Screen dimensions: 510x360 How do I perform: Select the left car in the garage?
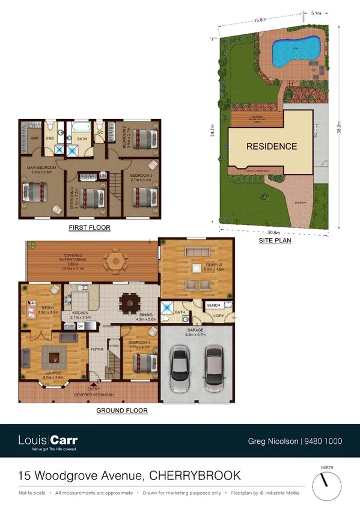pyautogui.click(x=180, y=367)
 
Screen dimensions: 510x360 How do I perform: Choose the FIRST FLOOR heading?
pyautogui.click(x=90, y=228)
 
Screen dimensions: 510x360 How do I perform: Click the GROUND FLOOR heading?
pyautogui.click(x=122, y=411)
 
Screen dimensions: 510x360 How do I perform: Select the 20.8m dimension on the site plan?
pyautogui.click(x=273, y=233)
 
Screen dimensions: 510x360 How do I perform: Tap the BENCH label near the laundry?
pyautogui.click(x=214, y=306)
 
